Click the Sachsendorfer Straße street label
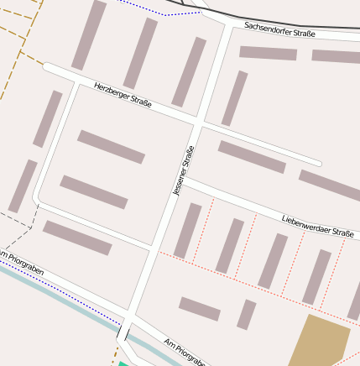(x=279, y=30)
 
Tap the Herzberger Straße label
(x=123, y=96)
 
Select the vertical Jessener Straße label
(x=183, y=171)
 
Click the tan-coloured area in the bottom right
(x=319, y=340)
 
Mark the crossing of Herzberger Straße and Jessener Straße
(x=197, y=124)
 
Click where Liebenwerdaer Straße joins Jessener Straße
(x=183, y=179)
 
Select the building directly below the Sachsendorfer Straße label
(x=268, y=53)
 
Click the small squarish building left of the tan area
(x=246, y=314)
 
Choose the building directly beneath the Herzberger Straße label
(x=112, y=146)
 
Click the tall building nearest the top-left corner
(x=89, y=34)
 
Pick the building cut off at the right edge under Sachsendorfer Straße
(x=336, y=56)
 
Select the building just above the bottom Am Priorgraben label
(x=199, y=309)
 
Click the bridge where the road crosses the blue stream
(x=124, y=332)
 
